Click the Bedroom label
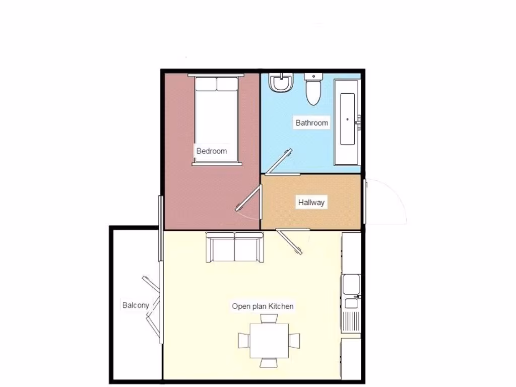point(212,151)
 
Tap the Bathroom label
point(311,122)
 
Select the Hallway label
point(311,203)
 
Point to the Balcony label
point(136,305)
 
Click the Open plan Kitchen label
point(263,306)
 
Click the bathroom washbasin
point(281,83)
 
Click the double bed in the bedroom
point(216,121)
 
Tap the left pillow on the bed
point(206,84)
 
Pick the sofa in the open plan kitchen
point(235,247)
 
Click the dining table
point(269,340)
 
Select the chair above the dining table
point(269,318)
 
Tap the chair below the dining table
point(269,362)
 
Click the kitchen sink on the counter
point(351,284)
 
